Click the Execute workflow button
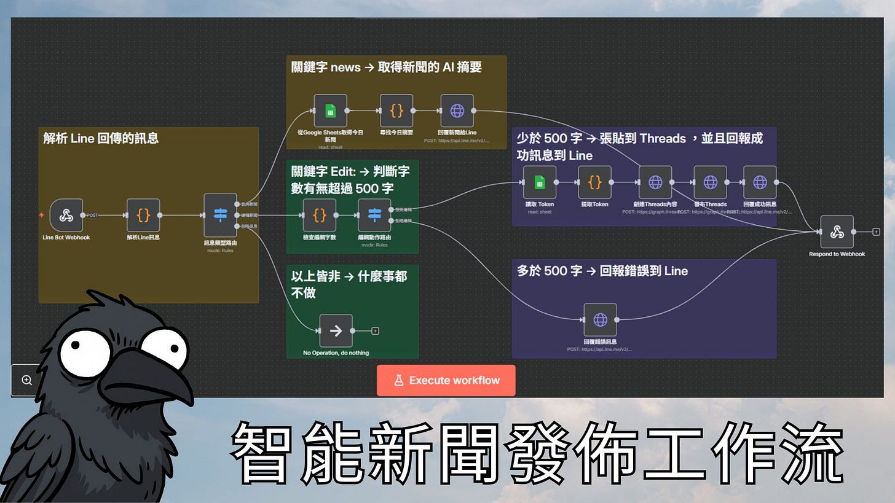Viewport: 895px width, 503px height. (446, 380)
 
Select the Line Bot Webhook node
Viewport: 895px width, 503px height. (66, 216)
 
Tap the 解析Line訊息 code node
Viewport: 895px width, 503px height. (143, 216)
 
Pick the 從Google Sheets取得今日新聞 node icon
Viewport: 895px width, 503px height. (330, 111)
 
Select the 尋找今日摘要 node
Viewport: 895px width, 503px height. (396, 111)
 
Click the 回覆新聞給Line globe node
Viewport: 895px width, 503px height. (457, 111)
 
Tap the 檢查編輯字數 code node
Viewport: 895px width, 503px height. (319, 216)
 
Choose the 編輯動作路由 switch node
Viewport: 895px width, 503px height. (374, 216)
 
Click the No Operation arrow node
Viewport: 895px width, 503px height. (336, 331)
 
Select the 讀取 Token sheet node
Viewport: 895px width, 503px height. (539, 182)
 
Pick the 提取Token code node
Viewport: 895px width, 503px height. (594, 182)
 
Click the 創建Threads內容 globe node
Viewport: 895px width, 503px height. (655, 182)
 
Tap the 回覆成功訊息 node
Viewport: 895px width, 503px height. (760, 182)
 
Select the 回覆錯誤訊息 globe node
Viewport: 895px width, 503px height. (600, 320)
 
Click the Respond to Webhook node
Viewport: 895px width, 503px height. (837, 232)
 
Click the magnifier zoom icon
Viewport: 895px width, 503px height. (27, 380)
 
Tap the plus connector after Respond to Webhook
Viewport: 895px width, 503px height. (876, 232)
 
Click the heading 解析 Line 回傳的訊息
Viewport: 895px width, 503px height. (101, 138)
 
